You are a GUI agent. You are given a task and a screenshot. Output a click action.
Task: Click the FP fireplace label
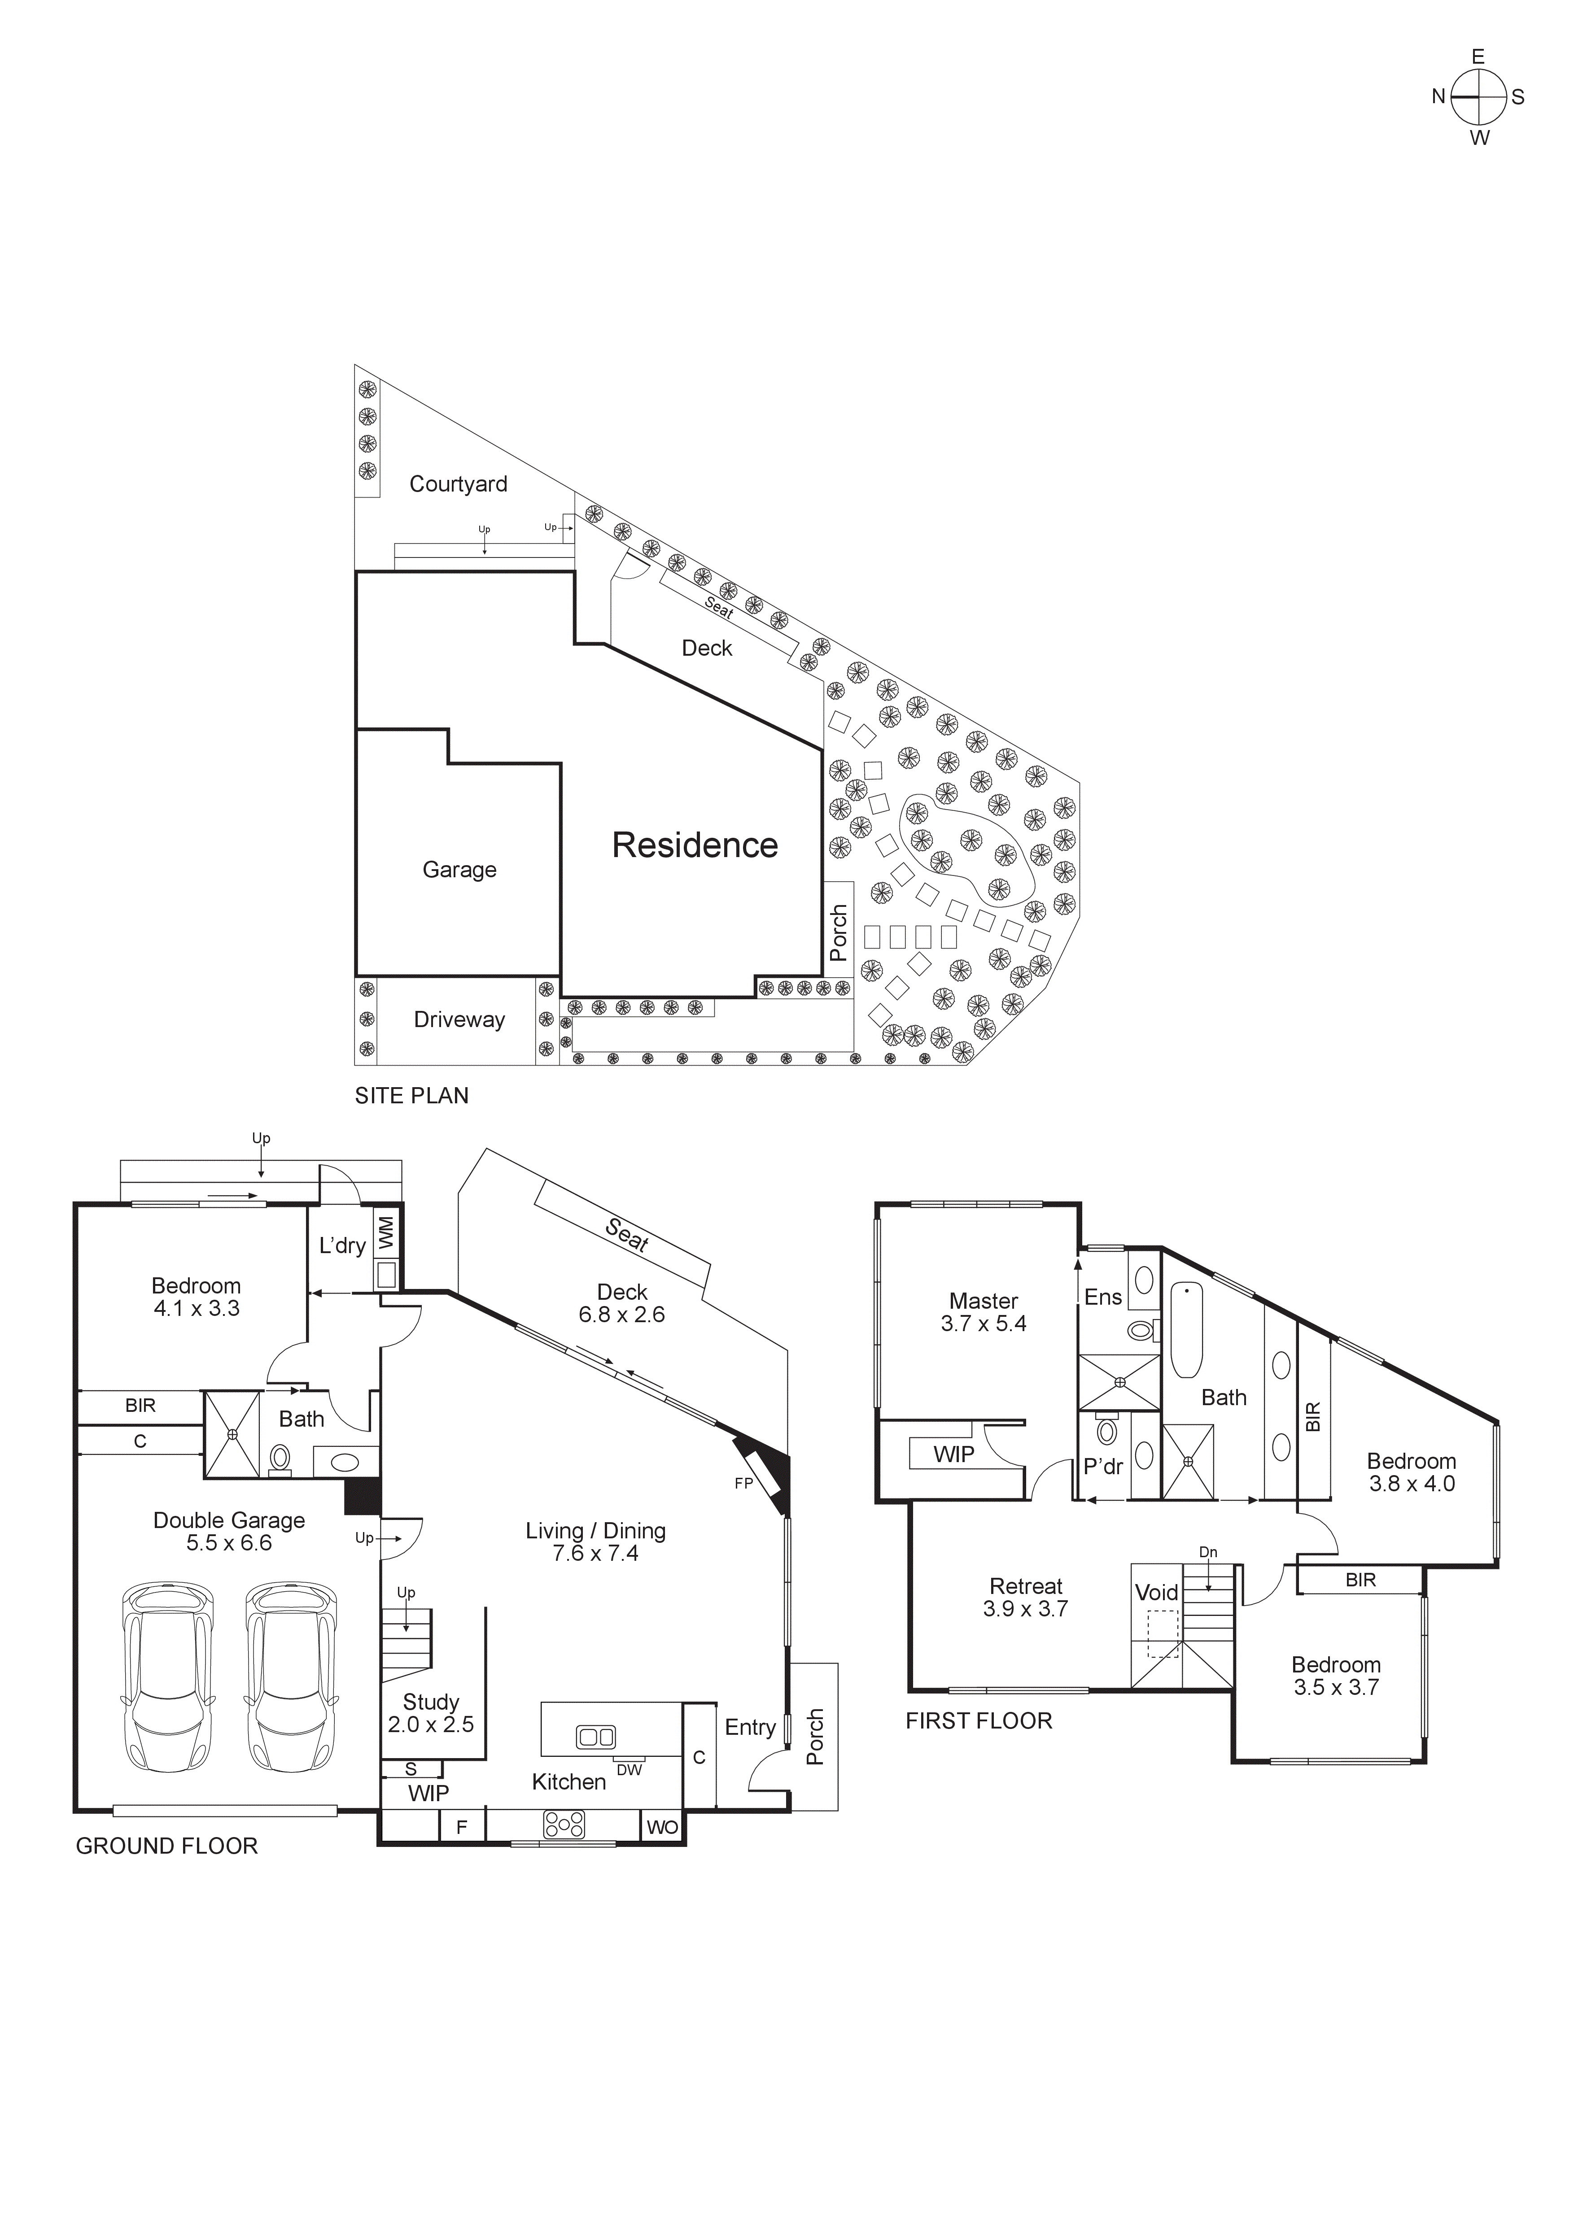point(743,1483)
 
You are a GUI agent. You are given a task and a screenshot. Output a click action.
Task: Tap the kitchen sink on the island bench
point(595,1737)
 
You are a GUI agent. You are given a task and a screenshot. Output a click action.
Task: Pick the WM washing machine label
point(386,1232)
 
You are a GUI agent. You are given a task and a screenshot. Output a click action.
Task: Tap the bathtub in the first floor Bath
point(1186,1329)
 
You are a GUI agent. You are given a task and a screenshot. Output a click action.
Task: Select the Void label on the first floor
point(1156,1592)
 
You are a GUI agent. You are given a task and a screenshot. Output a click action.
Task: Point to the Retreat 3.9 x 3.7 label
point(1025,1597)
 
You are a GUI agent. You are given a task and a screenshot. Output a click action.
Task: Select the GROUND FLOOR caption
point(167,1846)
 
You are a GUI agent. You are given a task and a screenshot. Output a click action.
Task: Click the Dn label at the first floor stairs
point(1207,1551)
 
